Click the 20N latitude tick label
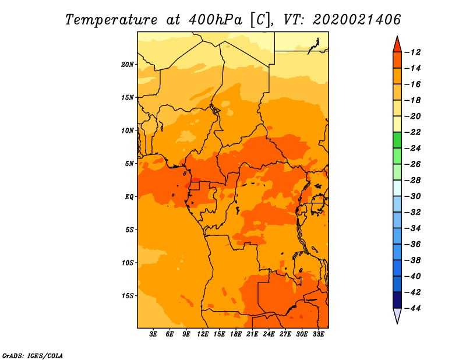(x=128, y=64)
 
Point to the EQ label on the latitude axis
(x=129, y=197)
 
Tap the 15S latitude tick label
(x=128, y=296)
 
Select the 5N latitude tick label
(x=129, y=164)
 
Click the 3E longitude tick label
(x=154, y=334)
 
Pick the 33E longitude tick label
(x=318, y=334)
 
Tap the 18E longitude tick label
(x=236, y=334)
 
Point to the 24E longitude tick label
(x=269, y=334)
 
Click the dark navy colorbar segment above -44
(x=397, y=299)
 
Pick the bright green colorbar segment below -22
(x=397, y=140)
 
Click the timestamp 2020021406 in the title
(x=356, y=19)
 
